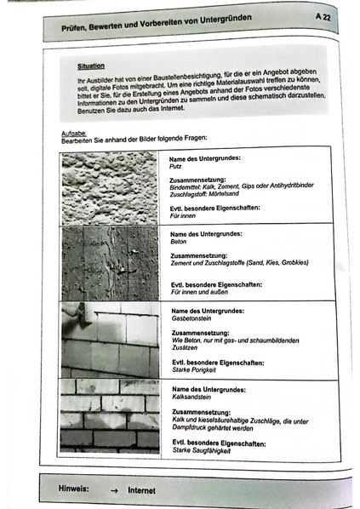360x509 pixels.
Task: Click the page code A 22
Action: pos(323,16)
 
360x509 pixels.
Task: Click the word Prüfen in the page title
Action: pos(82,28)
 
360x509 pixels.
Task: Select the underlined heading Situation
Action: pos(91,65)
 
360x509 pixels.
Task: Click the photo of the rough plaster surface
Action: pos(110,187)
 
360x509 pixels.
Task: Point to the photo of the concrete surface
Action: pos(110,264)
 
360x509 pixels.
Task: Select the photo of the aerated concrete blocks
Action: pos(110,340)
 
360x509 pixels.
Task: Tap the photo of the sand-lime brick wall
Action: pos(110,415)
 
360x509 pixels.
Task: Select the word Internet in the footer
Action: pos(142,491)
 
